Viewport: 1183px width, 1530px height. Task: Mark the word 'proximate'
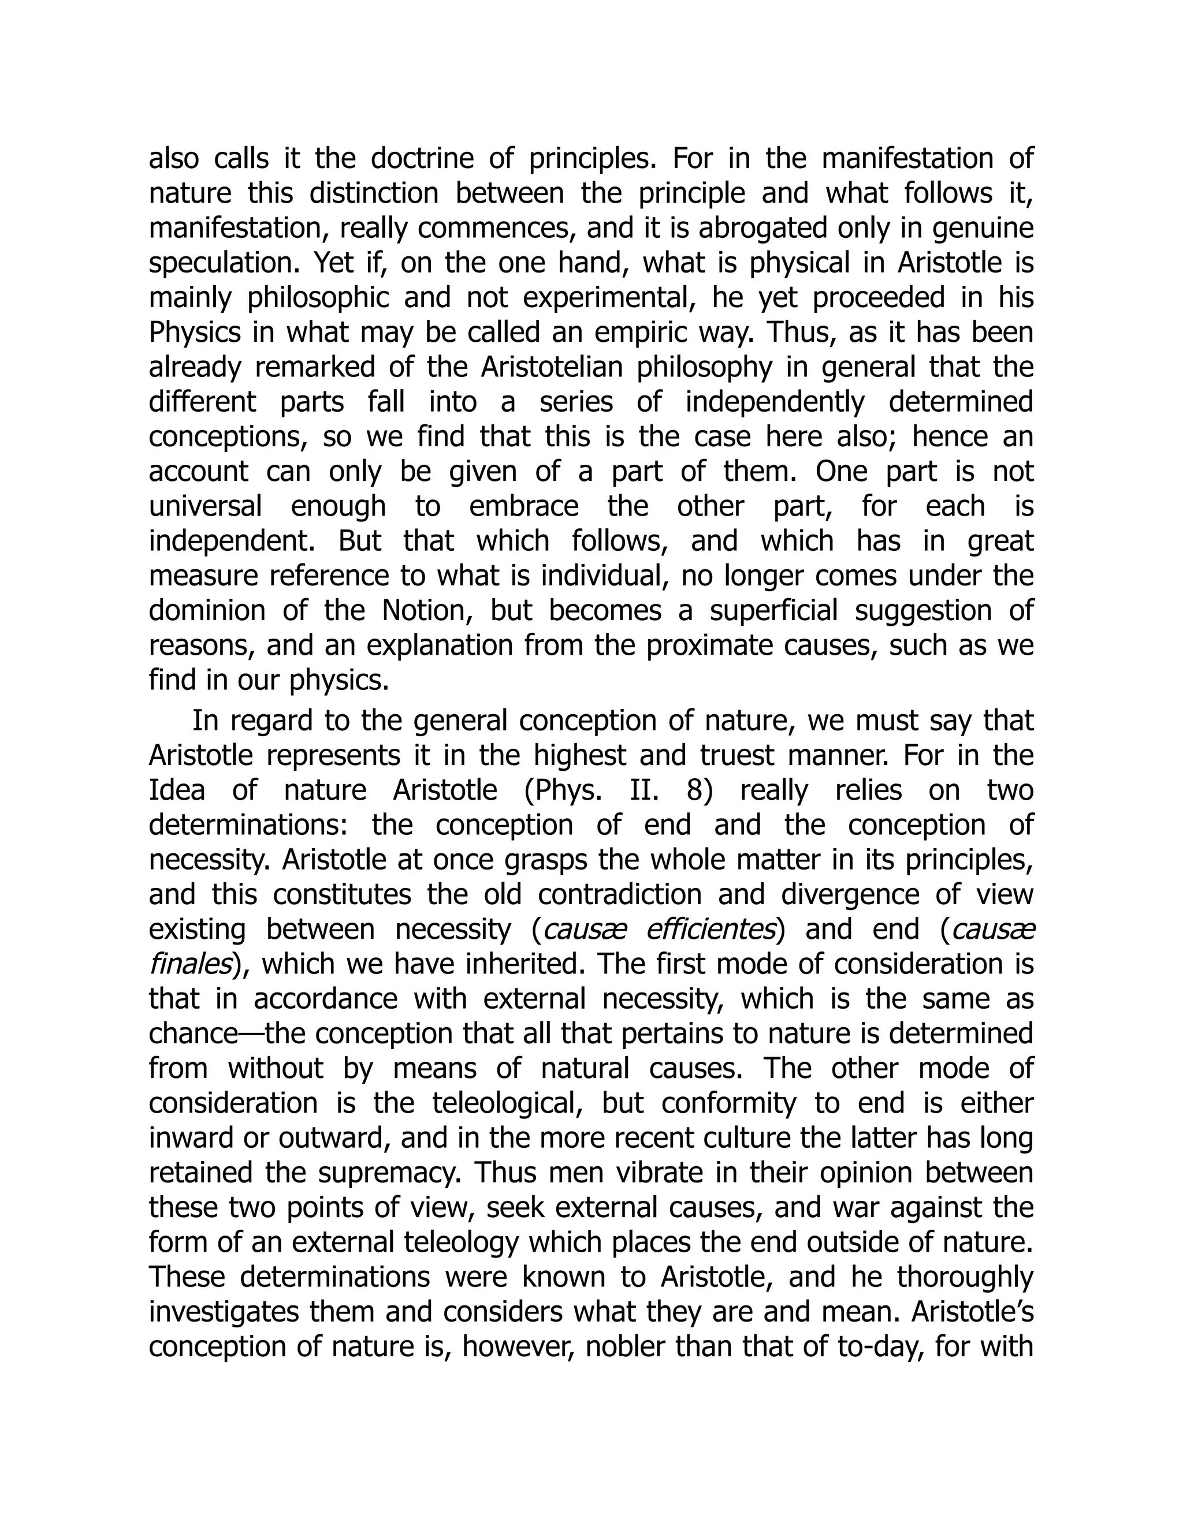point(702,646)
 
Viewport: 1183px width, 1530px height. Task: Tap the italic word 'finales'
point(189,965)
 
